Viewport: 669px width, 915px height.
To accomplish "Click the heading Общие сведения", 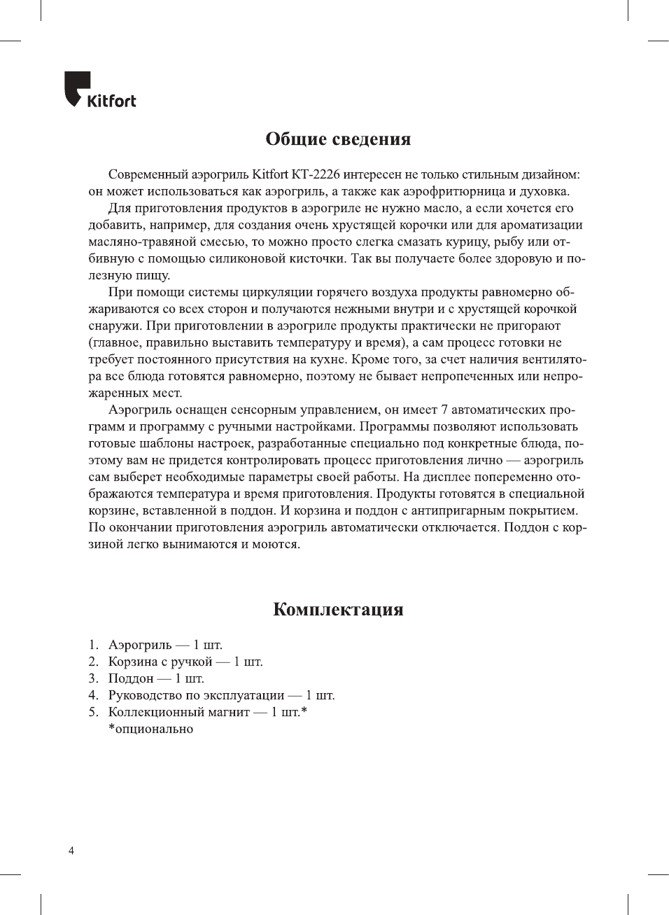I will click(x=338, y=139).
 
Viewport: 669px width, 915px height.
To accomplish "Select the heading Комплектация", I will click(x=338, y=609).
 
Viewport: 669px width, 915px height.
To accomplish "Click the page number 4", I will click(x=71, y=851).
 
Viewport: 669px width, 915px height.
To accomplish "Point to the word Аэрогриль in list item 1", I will click(x=139, y=645).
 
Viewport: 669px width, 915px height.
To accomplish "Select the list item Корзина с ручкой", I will click(x=160, y=662).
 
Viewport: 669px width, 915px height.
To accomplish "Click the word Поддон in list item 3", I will click(x=130, y=678).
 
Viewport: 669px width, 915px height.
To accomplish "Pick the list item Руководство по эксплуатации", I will click(x=196, y=695).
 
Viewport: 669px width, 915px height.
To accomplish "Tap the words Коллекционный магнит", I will click(x=178, y=712).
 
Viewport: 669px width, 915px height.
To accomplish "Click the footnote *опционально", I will click(x=150, y=729).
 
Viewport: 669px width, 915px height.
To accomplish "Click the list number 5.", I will click(x=93, y=712).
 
